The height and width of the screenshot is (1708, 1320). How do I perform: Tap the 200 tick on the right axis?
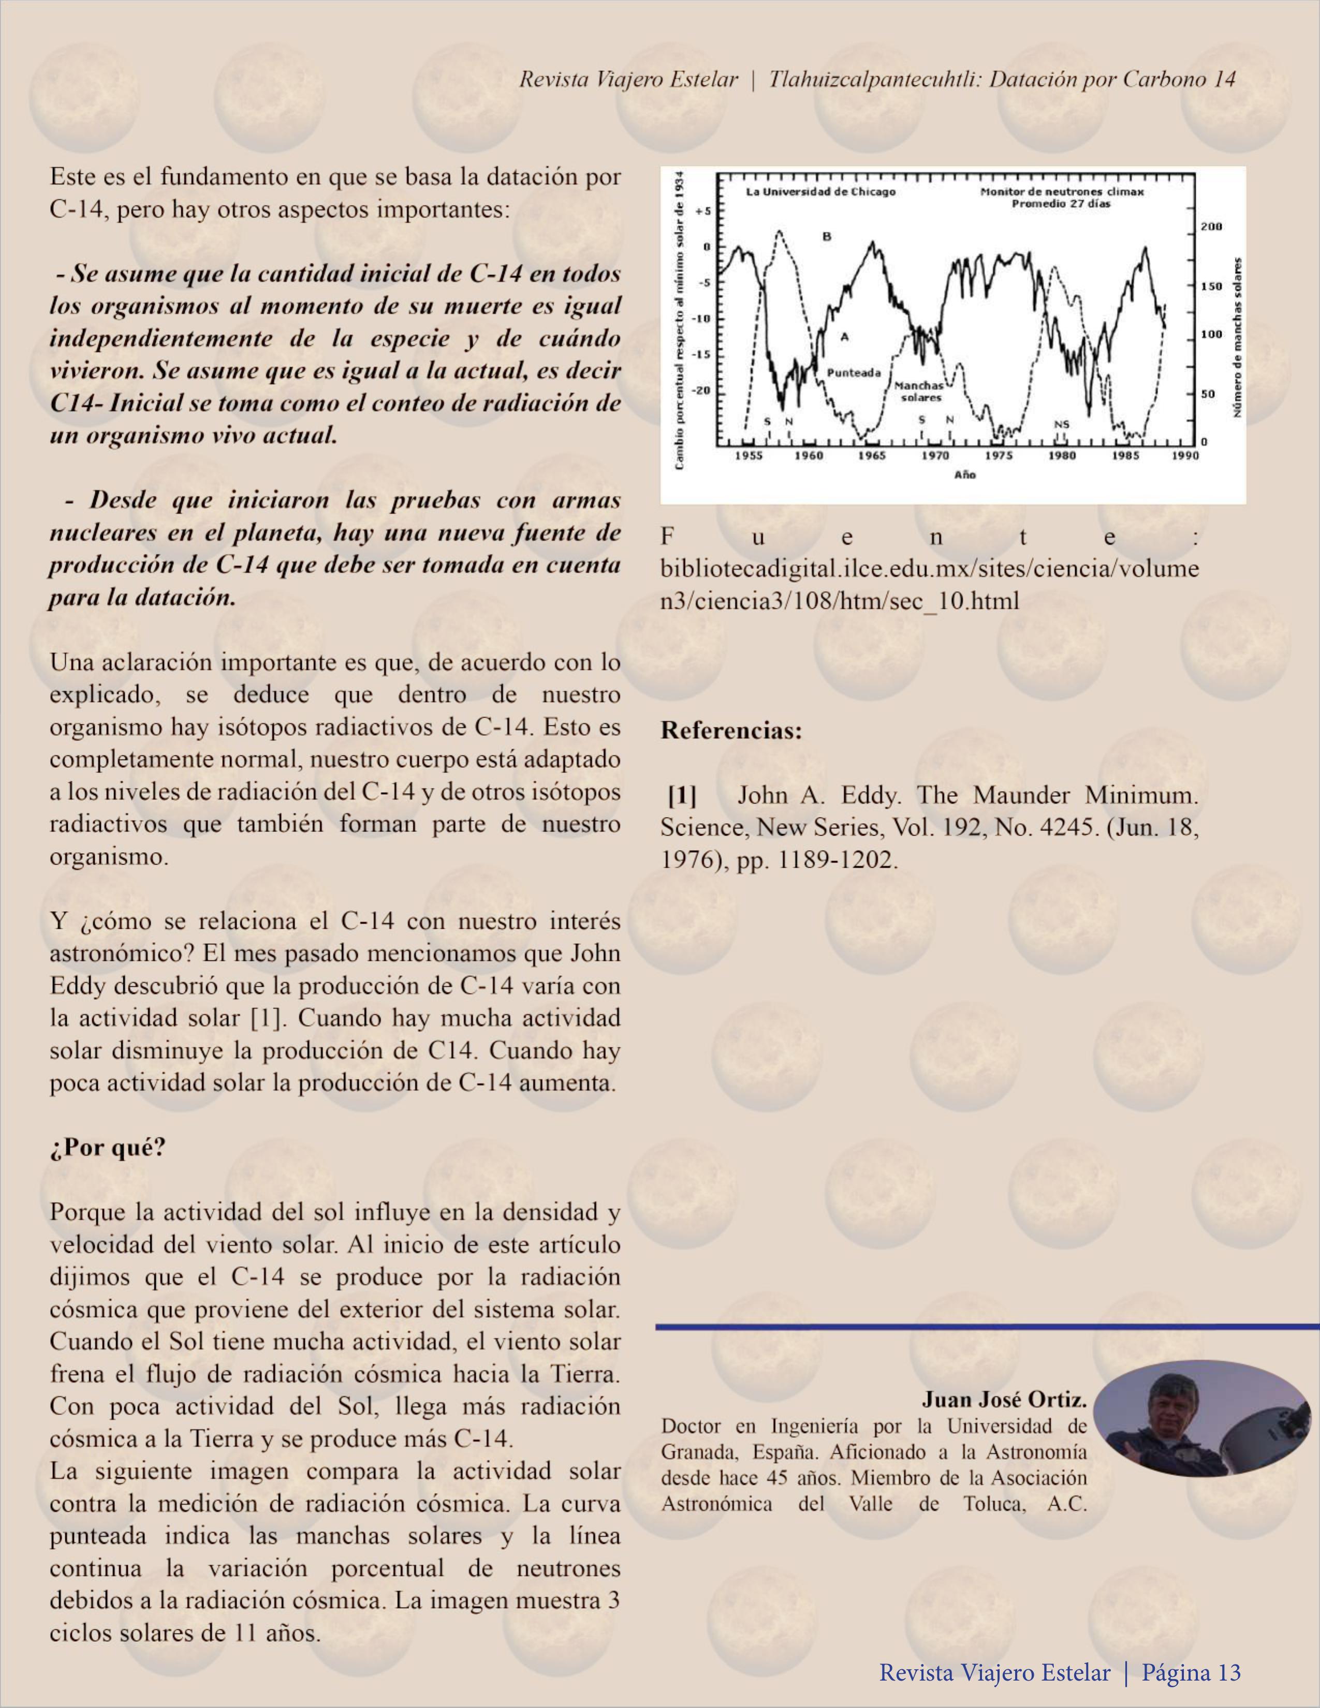coord(1211,227)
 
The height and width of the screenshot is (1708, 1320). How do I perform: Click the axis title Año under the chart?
coord(965,474)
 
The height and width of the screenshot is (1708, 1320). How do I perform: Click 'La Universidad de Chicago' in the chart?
coord(820,191)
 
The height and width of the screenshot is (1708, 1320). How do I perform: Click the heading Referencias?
coord(731,731)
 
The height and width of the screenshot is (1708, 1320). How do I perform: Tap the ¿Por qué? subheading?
coord(108,1147)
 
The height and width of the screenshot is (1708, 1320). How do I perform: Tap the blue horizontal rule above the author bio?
coord(986,1326)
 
